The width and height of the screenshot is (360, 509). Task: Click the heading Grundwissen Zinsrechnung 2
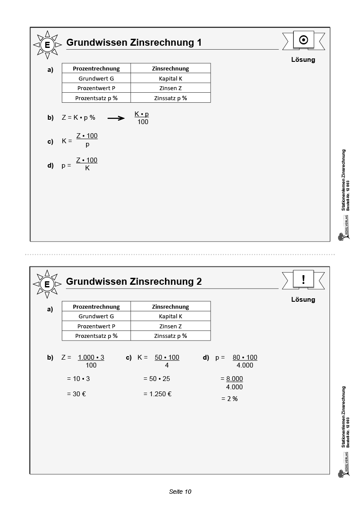pyautogui.click(x=134, y=281)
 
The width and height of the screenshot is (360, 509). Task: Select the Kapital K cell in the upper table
pyautogui.click(x=171, y=78)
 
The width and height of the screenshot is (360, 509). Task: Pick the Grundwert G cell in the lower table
pyautogui.click(x=96, y=317)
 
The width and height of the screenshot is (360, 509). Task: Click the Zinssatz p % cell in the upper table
pyautogui.click(x=171, y=98)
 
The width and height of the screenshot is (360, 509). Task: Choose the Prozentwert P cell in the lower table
pyautogui.click(x=96, y=326)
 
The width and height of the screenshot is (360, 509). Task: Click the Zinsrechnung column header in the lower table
pyautogui.click(x=171, y=307)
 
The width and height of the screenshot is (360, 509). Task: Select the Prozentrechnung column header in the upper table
pyautogui.click(x=96, y=68)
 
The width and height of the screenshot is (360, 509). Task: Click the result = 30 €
pyautogui.click(x=77, y=394)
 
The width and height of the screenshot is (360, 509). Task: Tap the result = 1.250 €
pyautogui.click(x=158, y=394)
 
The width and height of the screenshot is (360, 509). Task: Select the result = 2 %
pyautogui.click(x=229, y=398)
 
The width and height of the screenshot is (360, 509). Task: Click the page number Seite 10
pyautogui.click(x=180, y=492)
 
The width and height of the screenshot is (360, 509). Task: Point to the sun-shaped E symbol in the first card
pyautogui.click(x=47, y=45)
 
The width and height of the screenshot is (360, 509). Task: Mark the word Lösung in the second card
pyautogui.click(x=303, y=300)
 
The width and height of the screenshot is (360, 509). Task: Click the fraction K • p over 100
pyautogui.click(x=142, y=118)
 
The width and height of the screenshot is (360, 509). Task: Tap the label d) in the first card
pyautogui.click(x=50, y=165)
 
